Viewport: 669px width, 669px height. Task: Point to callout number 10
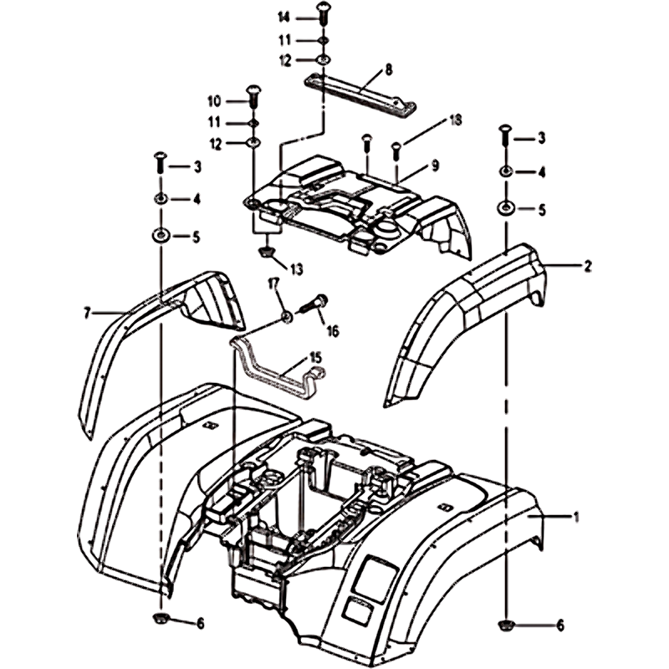point(213,101)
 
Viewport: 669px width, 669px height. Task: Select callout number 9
point(434,166)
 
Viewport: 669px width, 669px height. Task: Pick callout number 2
point(588,267)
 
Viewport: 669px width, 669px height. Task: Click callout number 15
point(315,357)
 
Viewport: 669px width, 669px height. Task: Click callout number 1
point(575,518)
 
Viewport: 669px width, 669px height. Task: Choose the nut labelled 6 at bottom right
point(506,624)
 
